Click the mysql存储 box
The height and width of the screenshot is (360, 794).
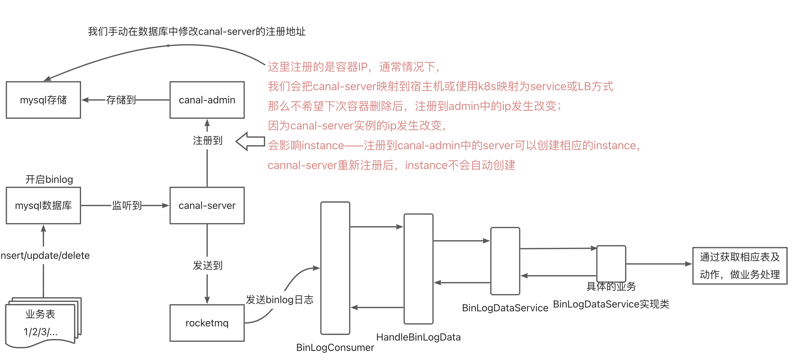[43, 100]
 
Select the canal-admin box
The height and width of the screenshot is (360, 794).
[207, 100]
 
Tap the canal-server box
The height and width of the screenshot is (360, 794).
[207, 205]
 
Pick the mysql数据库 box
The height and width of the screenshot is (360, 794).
[43, 205]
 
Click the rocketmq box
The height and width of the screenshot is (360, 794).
[207, 323]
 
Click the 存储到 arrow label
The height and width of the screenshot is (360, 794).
[121, 100]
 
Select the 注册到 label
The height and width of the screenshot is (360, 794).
[208, 140]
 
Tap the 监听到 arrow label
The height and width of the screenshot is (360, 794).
[127, 205]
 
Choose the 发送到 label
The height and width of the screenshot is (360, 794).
[208, 265]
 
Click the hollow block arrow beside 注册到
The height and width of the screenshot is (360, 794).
[250, 141]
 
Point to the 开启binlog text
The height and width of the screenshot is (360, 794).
[49, 179]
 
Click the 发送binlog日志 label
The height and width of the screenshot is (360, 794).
[280, 300]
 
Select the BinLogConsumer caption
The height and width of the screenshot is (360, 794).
[335, 347]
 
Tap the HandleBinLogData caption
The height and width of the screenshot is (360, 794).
[418, 337]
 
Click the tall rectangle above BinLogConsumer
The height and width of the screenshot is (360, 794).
[335, 268]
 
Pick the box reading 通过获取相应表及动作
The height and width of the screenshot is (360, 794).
[740, 266]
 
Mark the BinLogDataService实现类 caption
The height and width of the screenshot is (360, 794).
[611, 304]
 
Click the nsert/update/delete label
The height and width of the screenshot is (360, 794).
[45, 255]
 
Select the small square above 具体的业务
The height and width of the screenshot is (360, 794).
[611, 263]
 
